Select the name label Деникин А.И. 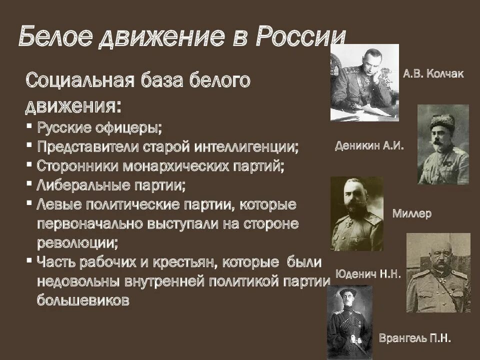point(369,146)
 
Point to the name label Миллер point(412,214)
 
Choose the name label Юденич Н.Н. point(368,274)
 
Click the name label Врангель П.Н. point(415,338)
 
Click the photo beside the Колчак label point(364,82)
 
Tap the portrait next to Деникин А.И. point(443,144)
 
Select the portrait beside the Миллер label point(356,213)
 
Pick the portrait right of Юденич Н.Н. point(438,279)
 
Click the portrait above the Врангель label point(349,322)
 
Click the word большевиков point(83,300)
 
